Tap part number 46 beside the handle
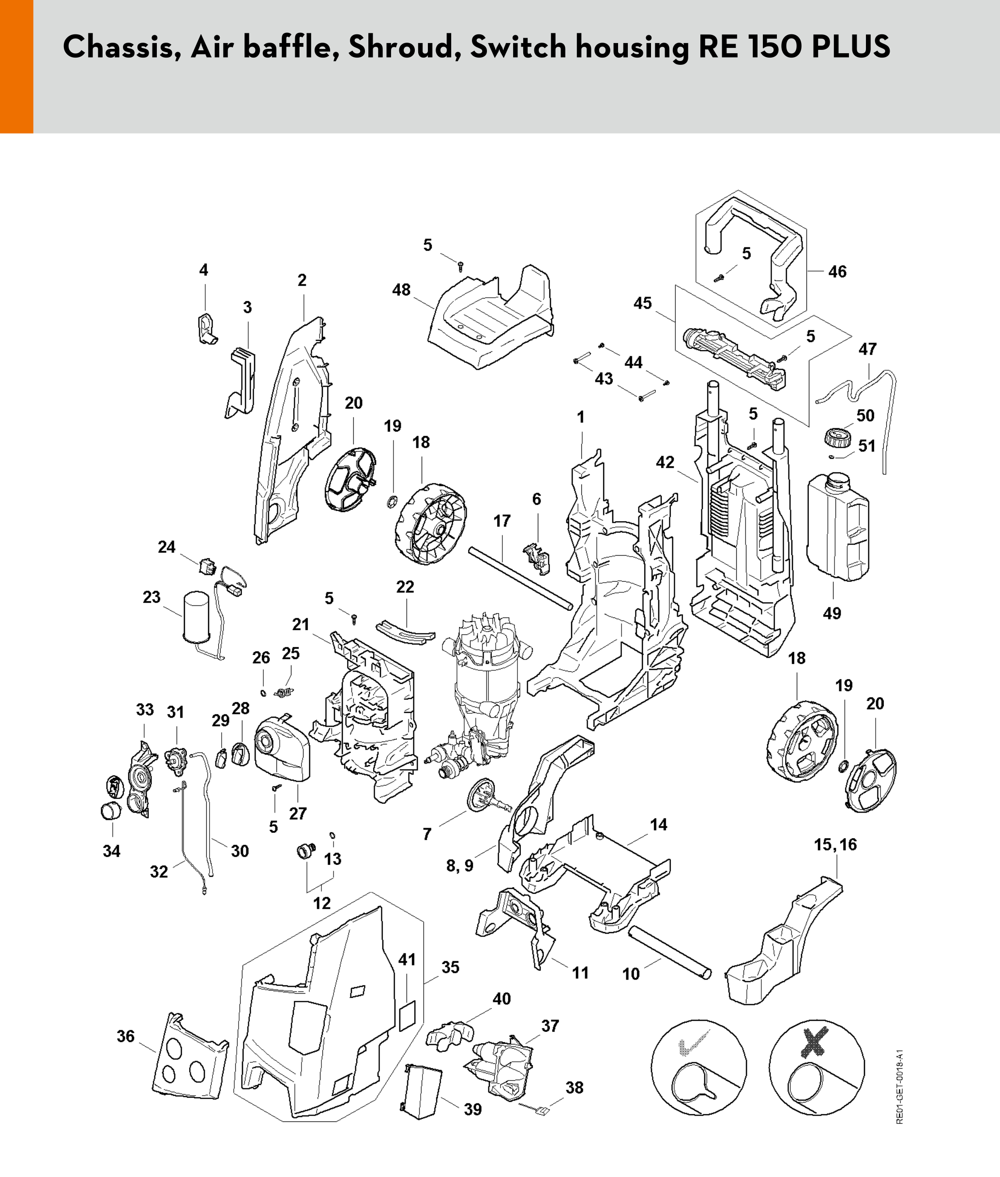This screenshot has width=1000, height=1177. tap(837, 272)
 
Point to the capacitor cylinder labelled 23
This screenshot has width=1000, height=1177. tap(196, 616)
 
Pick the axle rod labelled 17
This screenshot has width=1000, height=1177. tap(520, 578)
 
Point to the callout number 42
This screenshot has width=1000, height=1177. tap(665, 462)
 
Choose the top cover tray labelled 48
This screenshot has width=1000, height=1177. tap(490, 320)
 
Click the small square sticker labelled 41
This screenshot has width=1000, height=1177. tap(408, 1015)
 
